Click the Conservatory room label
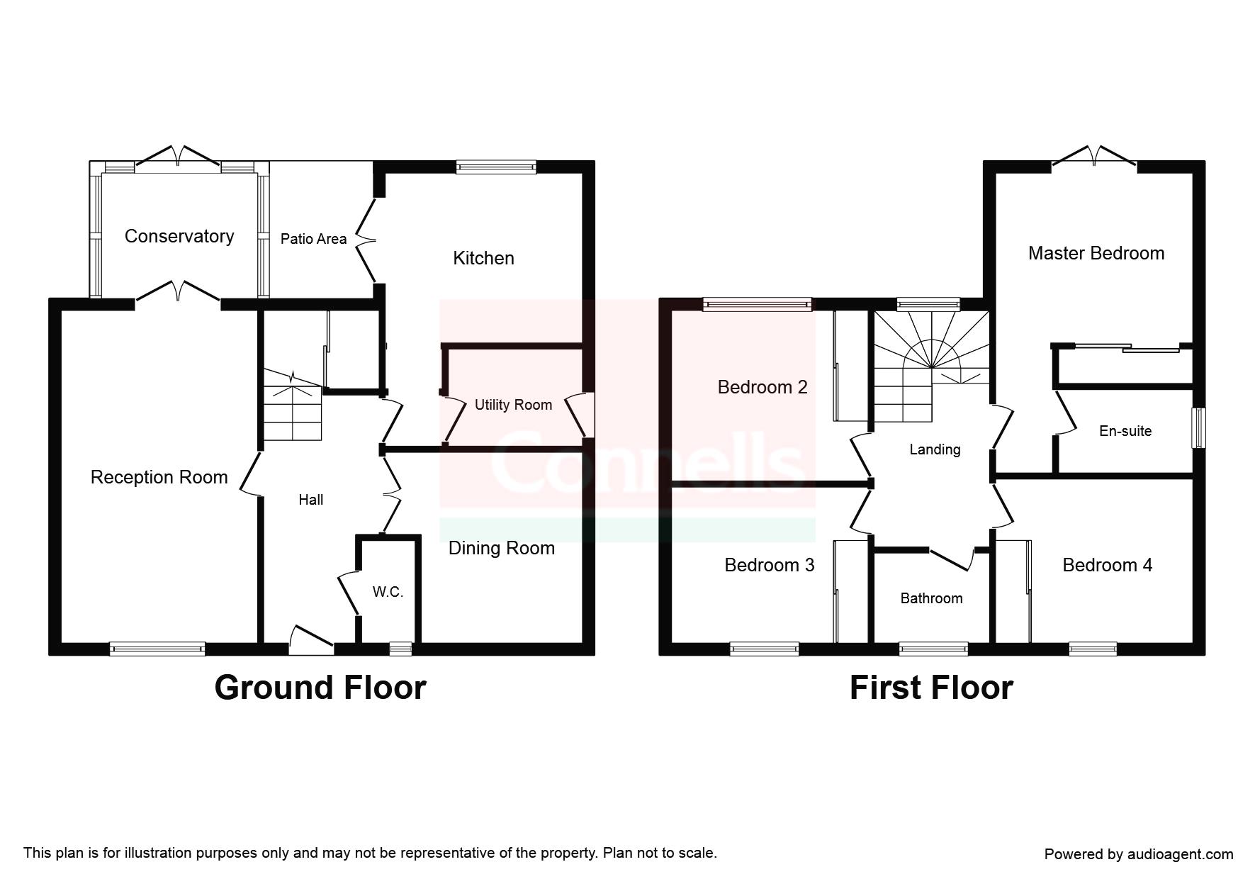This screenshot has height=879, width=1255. click(x=179, y=236)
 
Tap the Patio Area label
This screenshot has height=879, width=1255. click(x=313, y=239)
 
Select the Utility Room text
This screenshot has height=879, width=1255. click(x=513, y=405)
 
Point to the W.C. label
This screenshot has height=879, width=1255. click(x=388, y=592)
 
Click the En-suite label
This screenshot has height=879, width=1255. click(x=1125, y=431)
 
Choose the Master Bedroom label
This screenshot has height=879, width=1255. click(x=1096, y=253)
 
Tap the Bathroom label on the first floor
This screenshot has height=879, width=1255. click(x=931, y=598)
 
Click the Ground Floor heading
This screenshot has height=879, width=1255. click(x=320, y=688)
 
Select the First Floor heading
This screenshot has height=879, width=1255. click(x=931, y=688)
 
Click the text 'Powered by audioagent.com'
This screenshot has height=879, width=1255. click(x=1139, y=854)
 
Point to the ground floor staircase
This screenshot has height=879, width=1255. click(x=293, y=405)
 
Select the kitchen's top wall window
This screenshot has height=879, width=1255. click(x=496, y=167)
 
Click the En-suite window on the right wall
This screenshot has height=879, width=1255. click(x=1198, y=427)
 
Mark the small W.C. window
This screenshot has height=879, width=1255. click(x=400, y=649)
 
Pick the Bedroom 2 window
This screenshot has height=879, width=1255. click(x=758, y=305)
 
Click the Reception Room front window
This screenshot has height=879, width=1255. click(x=157, y=649)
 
